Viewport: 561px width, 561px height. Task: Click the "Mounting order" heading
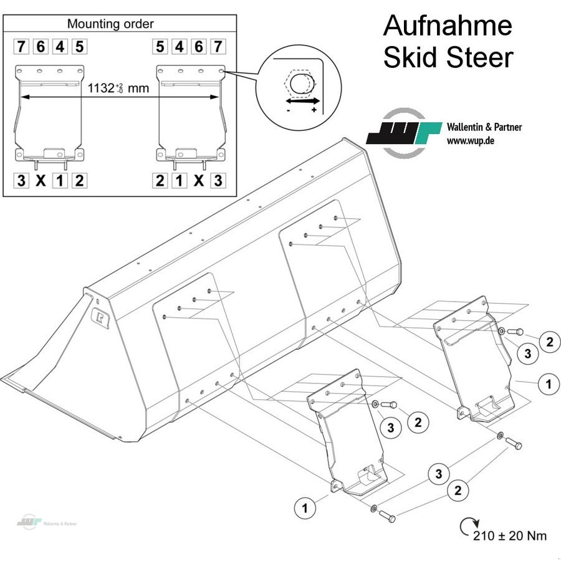110,24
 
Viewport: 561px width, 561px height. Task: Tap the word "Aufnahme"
447,26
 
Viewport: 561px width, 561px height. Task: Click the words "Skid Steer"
448,57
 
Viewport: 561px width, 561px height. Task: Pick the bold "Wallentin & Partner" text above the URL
484,127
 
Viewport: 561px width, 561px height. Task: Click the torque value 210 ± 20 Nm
510,535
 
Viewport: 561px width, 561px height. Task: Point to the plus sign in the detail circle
314,110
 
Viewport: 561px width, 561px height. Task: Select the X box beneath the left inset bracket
41,181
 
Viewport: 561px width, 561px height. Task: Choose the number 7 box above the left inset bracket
22,46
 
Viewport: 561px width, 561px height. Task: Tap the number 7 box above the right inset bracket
218,46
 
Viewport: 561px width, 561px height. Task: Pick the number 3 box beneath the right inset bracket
218,181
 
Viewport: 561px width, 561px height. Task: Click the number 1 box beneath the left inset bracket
60,181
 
